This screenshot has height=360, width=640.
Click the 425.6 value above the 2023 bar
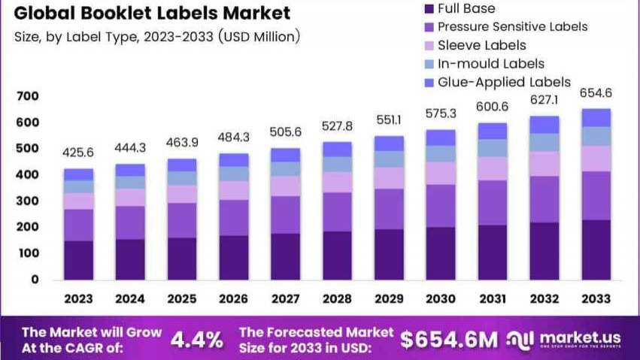point(78,153)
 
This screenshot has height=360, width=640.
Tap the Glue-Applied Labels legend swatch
point(429,83)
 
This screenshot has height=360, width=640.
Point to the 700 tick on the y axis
point(28,96)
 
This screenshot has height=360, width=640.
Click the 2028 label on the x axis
point(336,298)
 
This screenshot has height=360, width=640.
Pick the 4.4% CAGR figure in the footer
point(197,339)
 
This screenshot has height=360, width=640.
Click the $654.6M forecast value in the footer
point(448,339)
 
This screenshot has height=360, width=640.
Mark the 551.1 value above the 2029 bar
point(388,120)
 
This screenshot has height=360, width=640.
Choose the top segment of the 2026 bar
point(233,160)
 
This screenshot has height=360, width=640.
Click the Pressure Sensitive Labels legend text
point(512,27)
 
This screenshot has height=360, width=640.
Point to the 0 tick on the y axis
point(35,280)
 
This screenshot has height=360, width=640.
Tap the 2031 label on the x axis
point(492,298)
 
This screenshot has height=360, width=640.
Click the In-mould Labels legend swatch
point(429,64)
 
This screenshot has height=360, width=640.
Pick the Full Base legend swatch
point(429,9)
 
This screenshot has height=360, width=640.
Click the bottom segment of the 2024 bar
point(130,259)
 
